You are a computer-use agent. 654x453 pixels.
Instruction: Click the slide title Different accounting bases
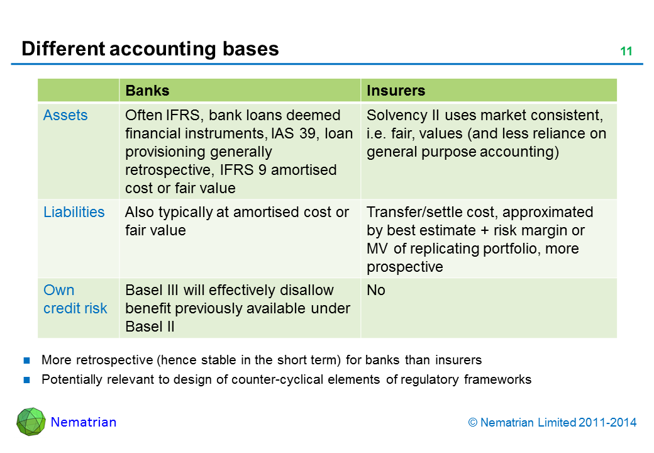coord(150,49)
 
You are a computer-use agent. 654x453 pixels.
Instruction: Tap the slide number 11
coord(626,52)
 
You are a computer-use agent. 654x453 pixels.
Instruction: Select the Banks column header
coord(147,91)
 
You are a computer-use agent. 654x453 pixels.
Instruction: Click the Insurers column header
coord(396,91)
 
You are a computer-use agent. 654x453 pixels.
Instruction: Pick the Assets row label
coord(65,116)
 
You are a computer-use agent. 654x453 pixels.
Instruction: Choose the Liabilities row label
coord(74,212)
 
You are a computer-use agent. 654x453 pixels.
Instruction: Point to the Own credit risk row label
coord(75,299)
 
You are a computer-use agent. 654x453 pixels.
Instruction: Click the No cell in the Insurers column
coord(375,291)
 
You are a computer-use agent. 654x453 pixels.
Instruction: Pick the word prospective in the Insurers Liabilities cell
coord(404,267)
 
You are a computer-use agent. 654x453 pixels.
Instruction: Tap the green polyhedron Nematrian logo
coord(30,422)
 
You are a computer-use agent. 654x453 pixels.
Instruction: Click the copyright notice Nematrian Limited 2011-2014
coord(552,423)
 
